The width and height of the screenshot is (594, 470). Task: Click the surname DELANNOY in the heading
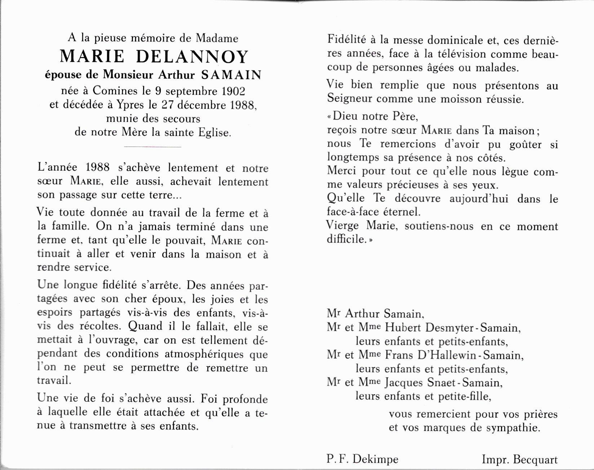[195, 57]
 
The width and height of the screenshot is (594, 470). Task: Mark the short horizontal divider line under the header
[152, 147]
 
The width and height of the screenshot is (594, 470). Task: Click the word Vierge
[343, 226]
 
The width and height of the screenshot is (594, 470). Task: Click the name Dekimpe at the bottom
[375, 459]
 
